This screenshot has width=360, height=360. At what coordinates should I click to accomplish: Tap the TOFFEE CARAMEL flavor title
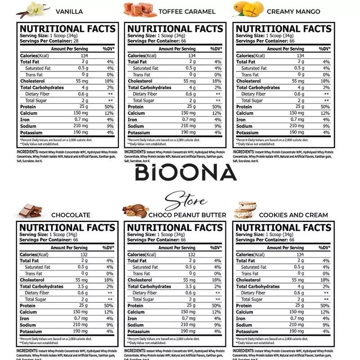(x=187, y=11)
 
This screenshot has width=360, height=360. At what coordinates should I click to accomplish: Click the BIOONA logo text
(x=186, y=173)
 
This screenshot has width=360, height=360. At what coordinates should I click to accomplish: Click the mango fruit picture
(x=247, y=9)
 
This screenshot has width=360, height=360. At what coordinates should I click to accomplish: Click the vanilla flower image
(x=34, y=9)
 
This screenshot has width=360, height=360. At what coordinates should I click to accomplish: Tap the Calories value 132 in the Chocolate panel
(x=84, y=255)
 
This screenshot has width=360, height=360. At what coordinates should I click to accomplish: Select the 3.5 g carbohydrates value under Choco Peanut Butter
(x=190, y=286)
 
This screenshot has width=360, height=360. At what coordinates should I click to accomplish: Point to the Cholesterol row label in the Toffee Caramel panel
(x=140, y=81)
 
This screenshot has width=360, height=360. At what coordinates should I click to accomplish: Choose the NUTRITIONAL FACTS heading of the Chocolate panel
(x=67, y=228)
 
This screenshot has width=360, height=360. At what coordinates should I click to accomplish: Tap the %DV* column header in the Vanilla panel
(x=108, y=49)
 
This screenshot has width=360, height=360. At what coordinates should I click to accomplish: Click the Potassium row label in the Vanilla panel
(x=31, y=133)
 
